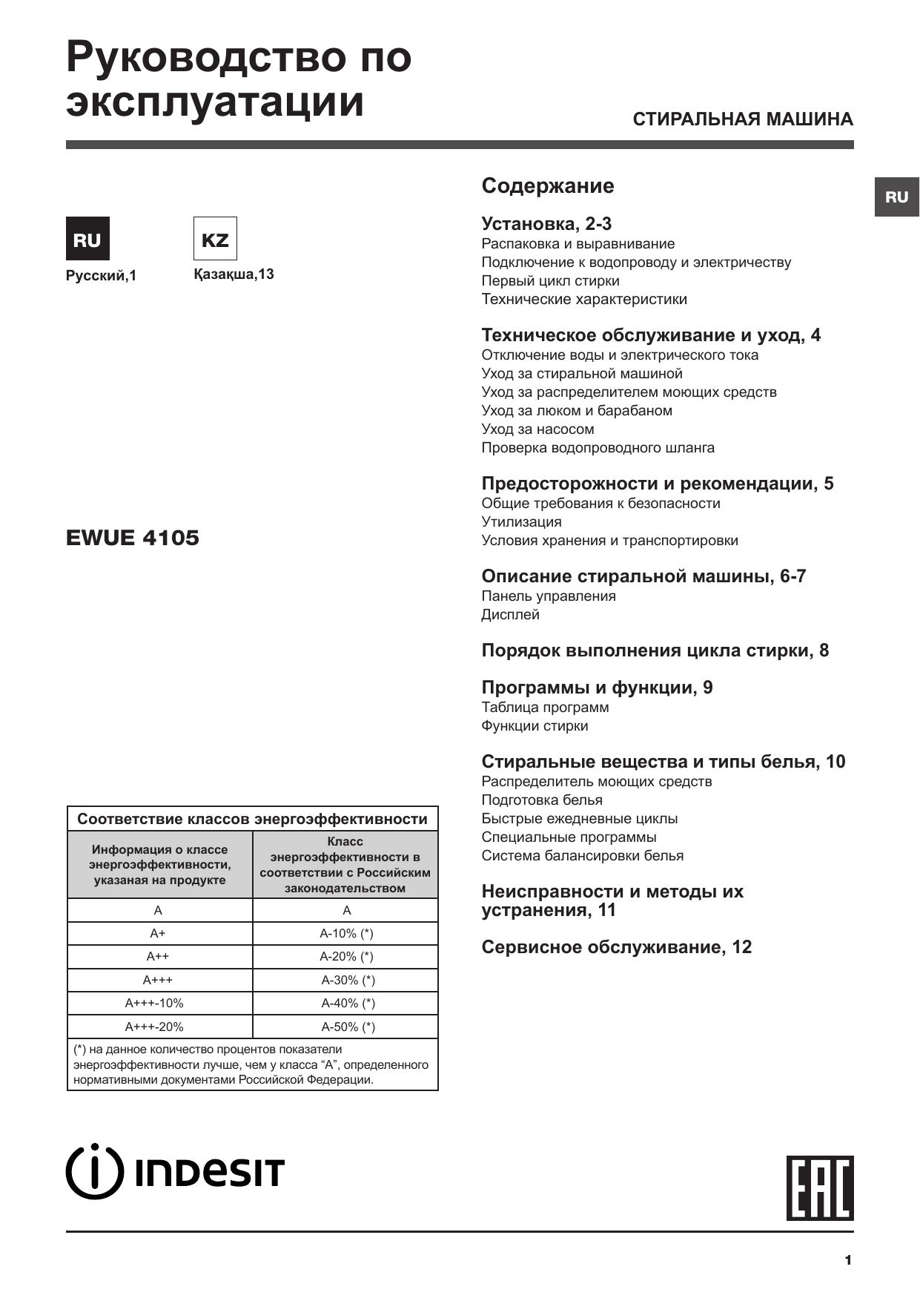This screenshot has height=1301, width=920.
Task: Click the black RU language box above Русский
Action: [x=87, y=239]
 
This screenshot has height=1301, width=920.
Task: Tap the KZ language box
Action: [x=215, y=239]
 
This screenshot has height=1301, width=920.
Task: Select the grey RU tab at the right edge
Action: [x=896, y=197]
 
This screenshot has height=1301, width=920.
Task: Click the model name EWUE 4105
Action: [x=133, y=538]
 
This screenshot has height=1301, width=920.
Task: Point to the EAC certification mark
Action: [x=820, y=1188]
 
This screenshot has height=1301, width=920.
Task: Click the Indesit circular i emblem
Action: [x=94, y=1173]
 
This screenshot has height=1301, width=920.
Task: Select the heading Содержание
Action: [x=547, y=185]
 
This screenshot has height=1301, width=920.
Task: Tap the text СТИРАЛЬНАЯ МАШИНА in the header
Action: [x=743, y=119]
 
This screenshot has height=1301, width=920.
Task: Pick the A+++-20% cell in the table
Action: [x=154, y=1027]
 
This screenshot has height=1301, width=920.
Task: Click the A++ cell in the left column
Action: [x=158, y=957]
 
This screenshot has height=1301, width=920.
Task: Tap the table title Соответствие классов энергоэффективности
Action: [x=252, y=819]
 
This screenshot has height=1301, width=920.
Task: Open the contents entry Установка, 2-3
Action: [x=546, y=224]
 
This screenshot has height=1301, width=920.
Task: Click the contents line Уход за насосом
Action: [x=537, y=429]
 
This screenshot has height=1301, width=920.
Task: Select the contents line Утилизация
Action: [x=521, y=521]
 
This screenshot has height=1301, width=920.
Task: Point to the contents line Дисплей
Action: [x=510, y=614]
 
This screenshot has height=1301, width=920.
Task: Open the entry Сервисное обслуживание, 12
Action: [x=616, y=947]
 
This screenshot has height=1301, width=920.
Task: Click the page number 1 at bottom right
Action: [x=847, y=1260]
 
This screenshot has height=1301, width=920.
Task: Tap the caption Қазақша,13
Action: [x=234, y=274]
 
